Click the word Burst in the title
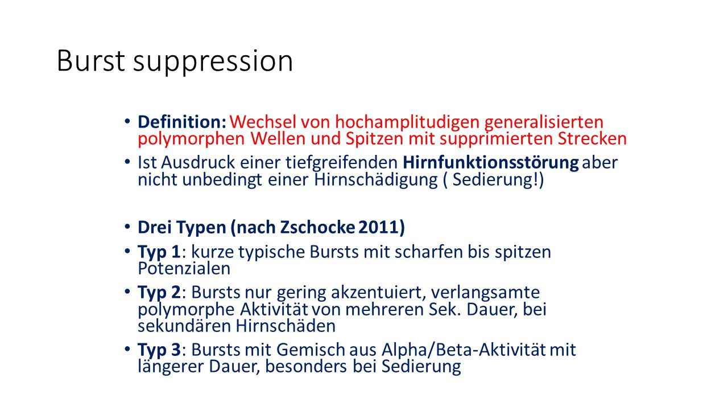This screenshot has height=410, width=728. [x=91, y=61]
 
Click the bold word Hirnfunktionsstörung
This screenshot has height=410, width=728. [x=490, y=162]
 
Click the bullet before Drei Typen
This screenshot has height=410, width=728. [x=126, y=227]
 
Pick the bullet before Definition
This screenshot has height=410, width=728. [x=126, y=121]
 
